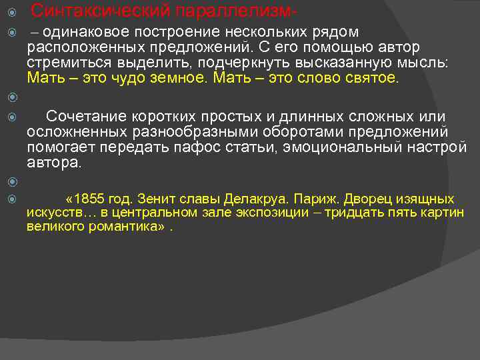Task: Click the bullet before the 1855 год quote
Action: coord(8,199)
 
